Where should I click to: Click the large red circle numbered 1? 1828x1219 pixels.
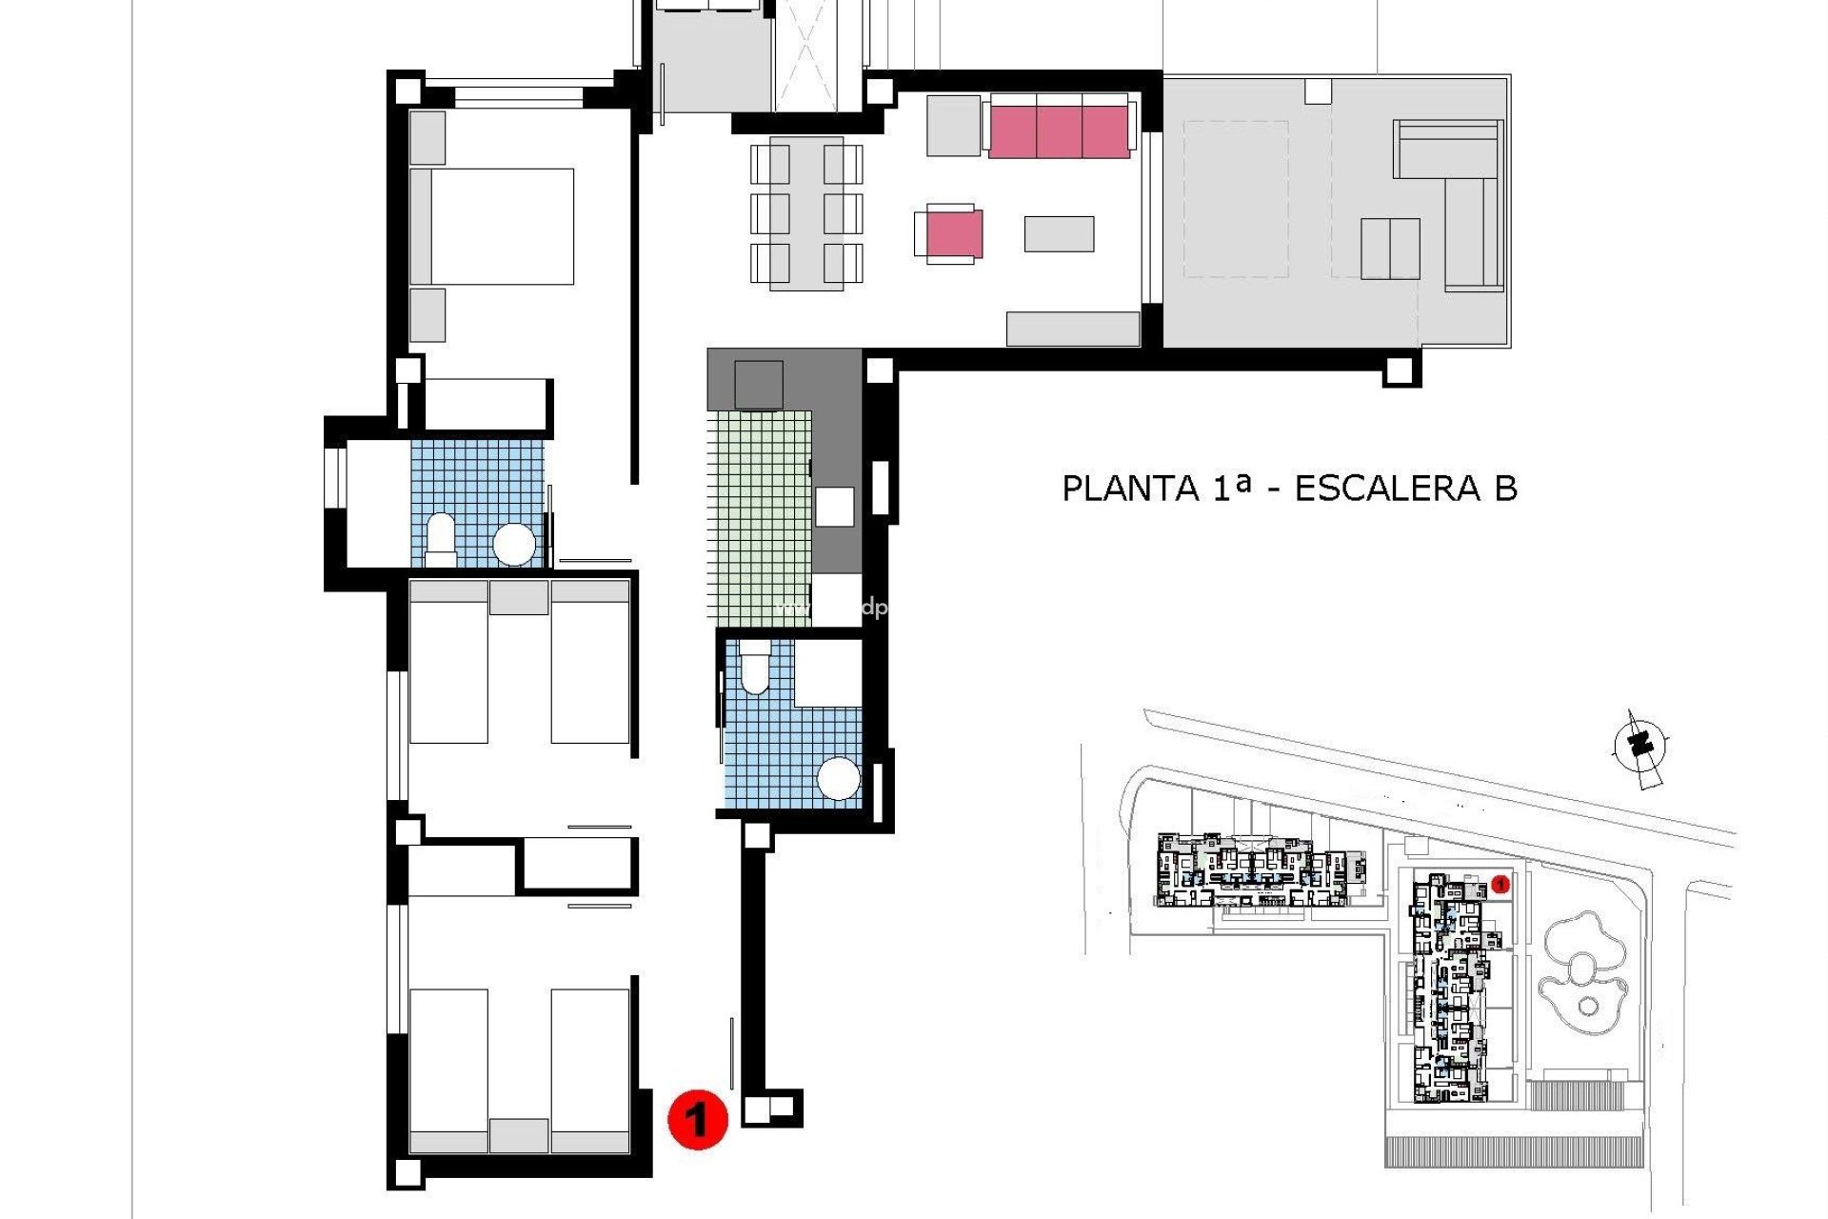tap(698, 1119)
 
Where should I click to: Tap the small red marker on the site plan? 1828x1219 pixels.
tap(1500, 885)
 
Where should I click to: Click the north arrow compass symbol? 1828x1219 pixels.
tap(1639, 747)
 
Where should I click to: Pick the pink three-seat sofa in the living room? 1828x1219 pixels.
tap(1059, 131)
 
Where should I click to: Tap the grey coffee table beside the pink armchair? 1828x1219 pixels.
tap(1059, 233)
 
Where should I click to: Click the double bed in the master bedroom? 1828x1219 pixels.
tap(502, 227)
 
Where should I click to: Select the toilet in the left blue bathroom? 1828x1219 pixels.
tap(441, 535)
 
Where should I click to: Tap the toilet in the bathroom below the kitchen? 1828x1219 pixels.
tap(754, 666)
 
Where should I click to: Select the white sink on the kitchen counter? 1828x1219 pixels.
tap(834, 507)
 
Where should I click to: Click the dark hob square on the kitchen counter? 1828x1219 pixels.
tap(759, 385)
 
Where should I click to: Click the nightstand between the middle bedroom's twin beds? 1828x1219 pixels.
tap(519, 598)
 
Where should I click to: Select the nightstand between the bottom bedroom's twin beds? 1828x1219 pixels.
tap(519, 1135)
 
